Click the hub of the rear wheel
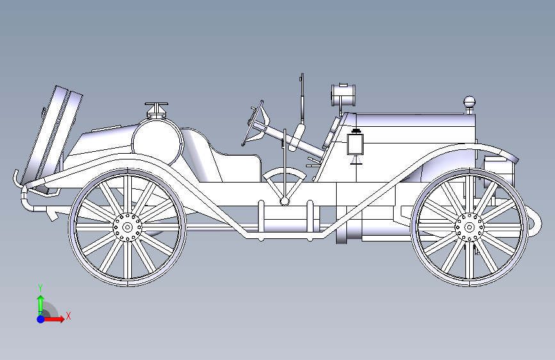(127, 226)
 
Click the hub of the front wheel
(469, 226)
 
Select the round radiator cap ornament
(470, 101)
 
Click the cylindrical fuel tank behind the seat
(157, 140)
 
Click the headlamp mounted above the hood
(344, 95)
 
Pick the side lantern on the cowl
(355, 144)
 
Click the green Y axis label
(40, 288)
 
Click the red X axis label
(68, 316)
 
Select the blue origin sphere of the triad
(41, 318)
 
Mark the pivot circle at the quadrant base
(284, 201)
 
